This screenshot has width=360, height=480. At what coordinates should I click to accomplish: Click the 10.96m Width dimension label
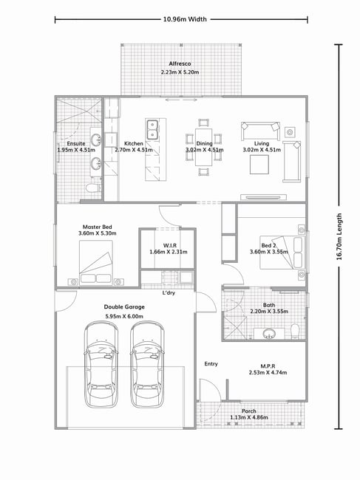[185, 19]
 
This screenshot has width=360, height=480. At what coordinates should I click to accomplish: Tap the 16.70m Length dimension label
[339, 236]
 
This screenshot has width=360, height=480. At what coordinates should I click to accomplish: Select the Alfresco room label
[180, 64]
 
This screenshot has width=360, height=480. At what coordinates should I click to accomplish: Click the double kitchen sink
[152, 130]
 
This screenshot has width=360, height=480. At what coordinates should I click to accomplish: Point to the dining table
[204, 147]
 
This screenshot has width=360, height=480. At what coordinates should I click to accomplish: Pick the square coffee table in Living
[259, 165]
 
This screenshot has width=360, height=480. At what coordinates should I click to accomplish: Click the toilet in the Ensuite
[93, 188]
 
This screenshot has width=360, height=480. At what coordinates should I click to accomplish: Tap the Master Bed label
[97, 227]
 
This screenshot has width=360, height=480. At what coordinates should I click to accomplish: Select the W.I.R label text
[170, 245]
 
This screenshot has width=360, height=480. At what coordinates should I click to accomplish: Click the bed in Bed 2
[282, 253]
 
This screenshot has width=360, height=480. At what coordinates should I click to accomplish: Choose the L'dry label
[169, 293]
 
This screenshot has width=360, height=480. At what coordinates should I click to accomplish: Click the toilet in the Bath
[295, 332]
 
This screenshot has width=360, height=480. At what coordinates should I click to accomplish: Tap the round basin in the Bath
[269, 333]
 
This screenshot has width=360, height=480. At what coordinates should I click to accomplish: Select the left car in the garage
[101, 364]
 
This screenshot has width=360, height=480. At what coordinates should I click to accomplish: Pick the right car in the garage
[147, 364]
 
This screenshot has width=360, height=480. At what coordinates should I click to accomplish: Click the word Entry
[211, 363]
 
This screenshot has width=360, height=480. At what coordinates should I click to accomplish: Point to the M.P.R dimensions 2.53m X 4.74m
[268, 372]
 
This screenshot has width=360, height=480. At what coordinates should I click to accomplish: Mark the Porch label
[249, 411]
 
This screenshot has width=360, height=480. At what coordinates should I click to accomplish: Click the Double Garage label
[124, 306]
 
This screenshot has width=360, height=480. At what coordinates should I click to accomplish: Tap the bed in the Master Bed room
[96, 263]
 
